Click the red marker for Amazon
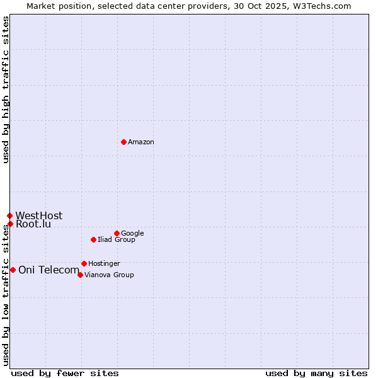coord(123,142)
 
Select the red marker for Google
coord(117,233)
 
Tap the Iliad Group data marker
coord(93,239)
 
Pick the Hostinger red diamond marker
coord(84,263)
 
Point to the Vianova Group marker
coord(80,275)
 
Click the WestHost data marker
coord(9,215)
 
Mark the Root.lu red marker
coord(10,224)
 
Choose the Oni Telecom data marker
coord(13,270)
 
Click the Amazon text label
coord(141,142)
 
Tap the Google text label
coord(132,234)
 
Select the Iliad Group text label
coord(117,240)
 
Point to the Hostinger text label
coord(104,264)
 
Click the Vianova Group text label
coord(109,275)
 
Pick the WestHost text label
coord(39,216)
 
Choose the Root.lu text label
coord(33,224)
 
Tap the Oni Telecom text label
coord(49,270)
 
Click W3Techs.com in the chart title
coord(325,6)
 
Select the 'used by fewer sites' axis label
coord(65,373)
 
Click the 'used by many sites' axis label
coord(316,373)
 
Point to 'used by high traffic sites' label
coord(6,90)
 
